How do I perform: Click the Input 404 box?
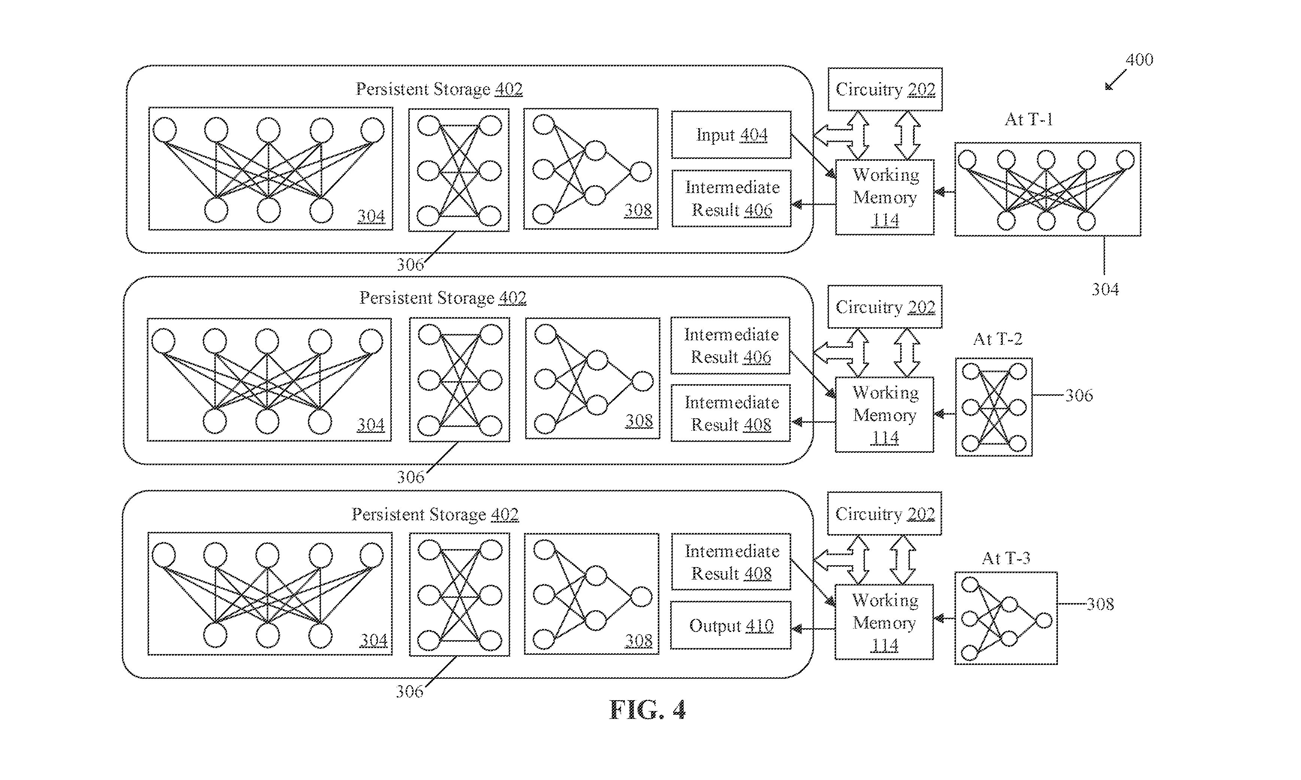(x=731, y=135)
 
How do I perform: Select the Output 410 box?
(x=731, y=626)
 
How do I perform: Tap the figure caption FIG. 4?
(x=647, y=710)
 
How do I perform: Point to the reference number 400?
(x=1139, y=59)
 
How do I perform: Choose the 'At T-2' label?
(x=998, y=339)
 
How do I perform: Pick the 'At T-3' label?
(x=1006, y=558)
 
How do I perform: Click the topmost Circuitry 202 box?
(x=885, y=89)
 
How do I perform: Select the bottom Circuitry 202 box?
(x=884, y=514)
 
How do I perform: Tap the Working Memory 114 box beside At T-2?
(x=884, y=415)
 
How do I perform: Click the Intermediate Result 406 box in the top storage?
(x=732, y=198)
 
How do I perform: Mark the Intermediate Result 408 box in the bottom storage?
(x=731, y=562)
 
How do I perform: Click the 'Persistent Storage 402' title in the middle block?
(x=442, y=298)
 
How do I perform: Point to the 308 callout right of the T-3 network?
(x=1100, y=604)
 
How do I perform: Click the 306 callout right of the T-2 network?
(x=1079, y=395)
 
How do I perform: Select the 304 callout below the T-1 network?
(x=1105, y=289)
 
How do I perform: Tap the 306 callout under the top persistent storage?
(x=410, y=264)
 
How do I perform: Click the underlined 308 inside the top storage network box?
(x=638, y=210)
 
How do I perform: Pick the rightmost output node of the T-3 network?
(x=1044, y=621)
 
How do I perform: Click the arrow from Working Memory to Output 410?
(x=814, y=629)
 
